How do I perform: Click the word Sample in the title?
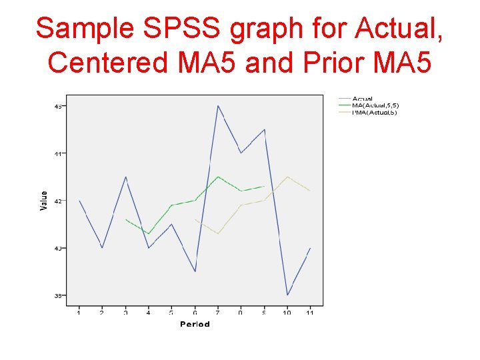click(x=84, y=29)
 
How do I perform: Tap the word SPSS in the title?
click(x=183, y=29)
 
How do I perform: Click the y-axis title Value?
click(x=44, y=201)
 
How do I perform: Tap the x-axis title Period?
click(x=195, y=324)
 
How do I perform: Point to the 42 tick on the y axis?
click(x=58, y=201)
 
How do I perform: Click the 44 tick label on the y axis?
click(x=58, y=153)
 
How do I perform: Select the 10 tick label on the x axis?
click(x=287, y=312)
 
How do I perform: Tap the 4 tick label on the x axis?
click(x=149, y=312)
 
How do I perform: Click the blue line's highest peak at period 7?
click(x=218, y=106)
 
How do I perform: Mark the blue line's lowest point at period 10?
click(x=287, y=295)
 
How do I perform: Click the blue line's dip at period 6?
click(x=195, y=271)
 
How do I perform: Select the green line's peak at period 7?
click(x=218, y=177)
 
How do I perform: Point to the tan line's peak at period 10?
click(x=287, y=177)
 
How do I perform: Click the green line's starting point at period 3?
click(x=125, y=219)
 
